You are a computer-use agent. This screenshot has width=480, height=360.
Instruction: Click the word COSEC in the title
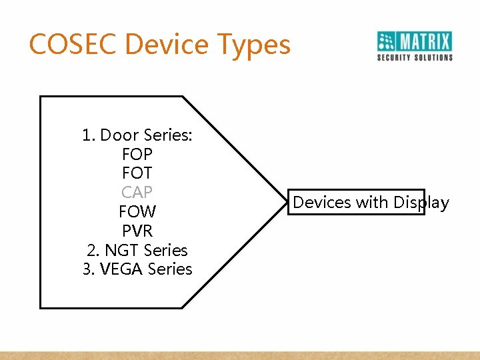coord(73,45)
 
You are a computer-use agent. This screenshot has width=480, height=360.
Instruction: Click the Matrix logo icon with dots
coord(387,41)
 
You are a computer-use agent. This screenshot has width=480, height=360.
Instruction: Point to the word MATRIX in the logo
coord(425,41)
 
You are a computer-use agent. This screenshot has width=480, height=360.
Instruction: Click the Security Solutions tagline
coord(415,58)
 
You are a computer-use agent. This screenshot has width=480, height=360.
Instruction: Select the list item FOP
coord(137,155)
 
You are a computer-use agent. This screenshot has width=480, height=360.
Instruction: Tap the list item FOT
coord(137,173)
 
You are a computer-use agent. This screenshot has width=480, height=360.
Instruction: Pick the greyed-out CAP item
coord(137,193)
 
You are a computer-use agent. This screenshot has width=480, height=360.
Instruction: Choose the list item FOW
coord(137,212)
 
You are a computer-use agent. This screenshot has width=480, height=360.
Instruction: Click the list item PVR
coord(137,231)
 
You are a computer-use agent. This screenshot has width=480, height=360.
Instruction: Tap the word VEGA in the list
coord(121,269)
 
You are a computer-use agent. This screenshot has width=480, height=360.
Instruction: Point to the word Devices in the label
coord(322,202)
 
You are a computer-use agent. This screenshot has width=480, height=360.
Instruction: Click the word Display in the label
coord(421,203)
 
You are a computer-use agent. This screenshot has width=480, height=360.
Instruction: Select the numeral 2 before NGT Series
coord(91,251)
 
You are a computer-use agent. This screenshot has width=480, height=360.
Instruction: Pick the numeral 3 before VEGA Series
coord(86,269)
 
